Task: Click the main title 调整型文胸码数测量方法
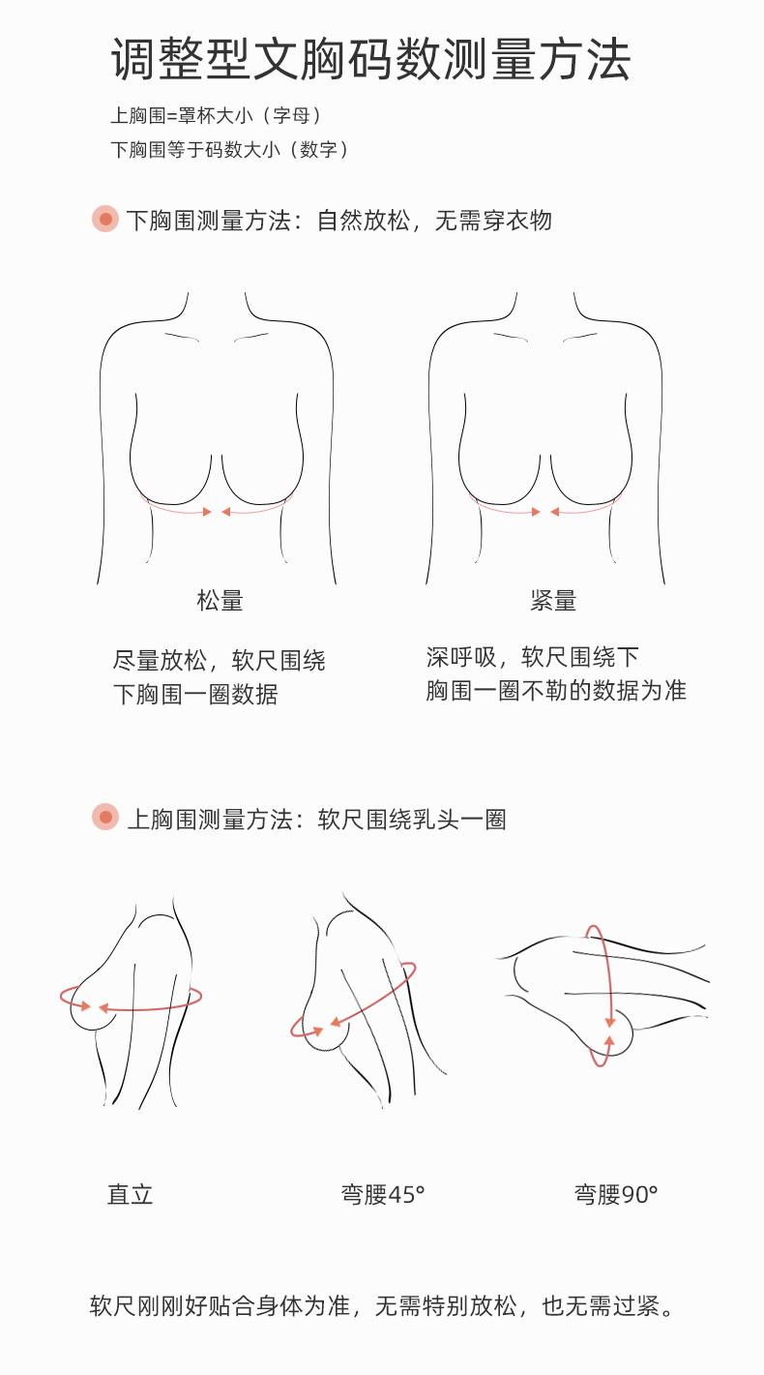click(x=370, y=60)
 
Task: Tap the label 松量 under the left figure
click(x=220, y=601)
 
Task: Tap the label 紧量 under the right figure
click(x=553, y=601)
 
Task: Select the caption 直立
click(x=130, y=1194)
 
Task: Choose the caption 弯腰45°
click(x=383, y=1194)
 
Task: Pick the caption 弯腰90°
click(x=616, y=1194)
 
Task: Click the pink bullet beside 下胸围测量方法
click(x=104, y=219)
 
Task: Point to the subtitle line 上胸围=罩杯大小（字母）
click(x=216, y=116)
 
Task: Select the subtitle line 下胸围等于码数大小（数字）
click(x=229, y=150)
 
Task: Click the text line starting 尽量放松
click(x=220, y=661)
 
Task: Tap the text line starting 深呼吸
click(x=533, y=658)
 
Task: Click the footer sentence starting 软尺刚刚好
click(x=381, y=1306)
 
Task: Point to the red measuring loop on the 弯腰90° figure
click(x=607, y=997)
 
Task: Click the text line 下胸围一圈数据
click(x=195, y=695)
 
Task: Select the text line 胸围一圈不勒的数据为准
click(x=556, y=692)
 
